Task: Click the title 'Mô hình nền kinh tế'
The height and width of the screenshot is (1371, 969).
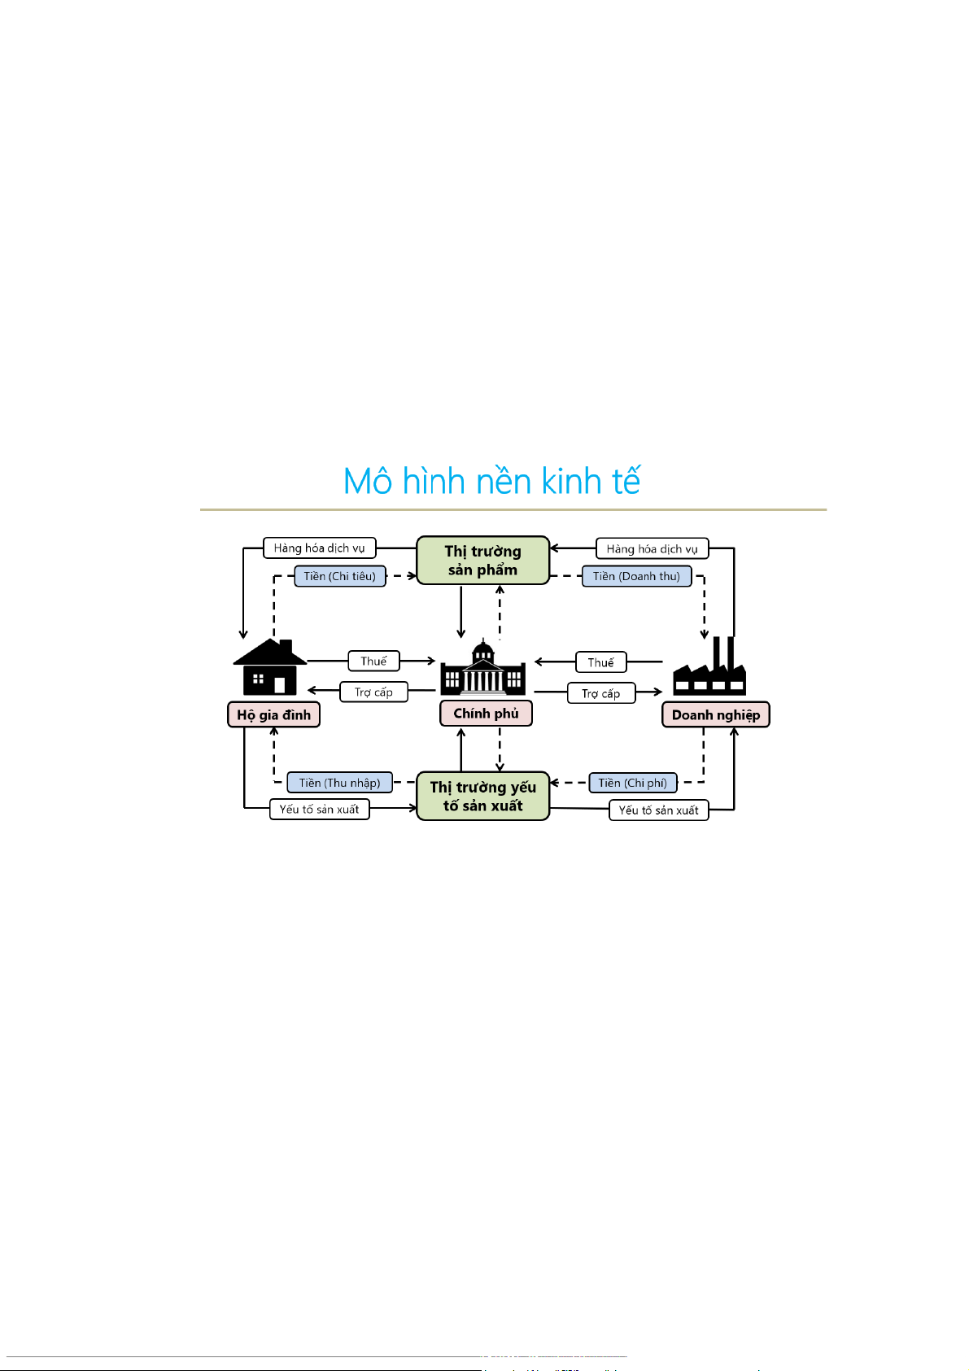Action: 491,481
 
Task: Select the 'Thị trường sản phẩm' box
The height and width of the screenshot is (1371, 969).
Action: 482,561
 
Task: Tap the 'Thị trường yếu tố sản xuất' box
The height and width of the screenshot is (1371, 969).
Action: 482,797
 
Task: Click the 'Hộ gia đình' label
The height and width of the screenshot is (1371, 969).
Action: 273,715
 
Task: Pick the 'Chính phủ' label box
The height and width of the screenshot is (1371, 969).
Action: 486,714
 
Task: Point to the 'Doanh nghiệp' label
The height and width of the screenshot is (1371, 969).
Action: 715,715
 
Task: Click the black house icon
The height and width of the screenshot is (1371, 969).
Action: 269,666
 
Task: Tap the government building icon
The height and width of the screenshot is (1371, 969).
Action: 483,669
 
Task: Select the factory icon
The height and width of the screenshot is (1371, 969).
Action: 709,669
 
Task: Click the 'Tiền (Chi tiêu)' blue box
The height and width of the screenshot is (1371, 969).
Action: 340,576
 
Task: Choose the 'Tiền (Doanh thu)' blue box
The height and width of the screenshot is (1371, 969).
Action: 636,576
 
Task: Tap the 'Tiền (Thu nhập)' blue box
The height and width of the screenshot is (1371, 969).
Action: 339,783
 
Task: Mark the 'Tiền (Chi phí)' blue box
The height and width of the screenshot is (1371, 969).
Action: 632,783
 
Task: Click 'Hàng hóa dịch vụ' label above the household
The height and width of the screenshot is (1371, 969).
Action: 319,548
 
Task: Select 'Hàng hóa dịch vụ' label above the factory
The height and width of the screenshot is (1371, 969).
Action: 652,549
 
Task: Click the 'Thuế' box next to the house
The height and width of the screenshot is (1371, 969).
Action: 373,661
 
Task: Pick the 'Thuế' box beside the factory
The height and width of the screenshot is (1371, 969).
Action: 600,663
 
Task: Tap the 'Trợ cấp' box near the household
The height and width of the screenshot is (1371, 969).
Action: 373,692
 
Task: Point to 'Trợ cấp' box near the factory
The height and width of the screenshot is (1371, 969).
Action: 600,694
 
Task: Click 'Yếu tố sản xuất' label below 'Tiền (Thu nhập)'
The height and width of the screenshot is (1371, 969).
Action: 319,810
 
